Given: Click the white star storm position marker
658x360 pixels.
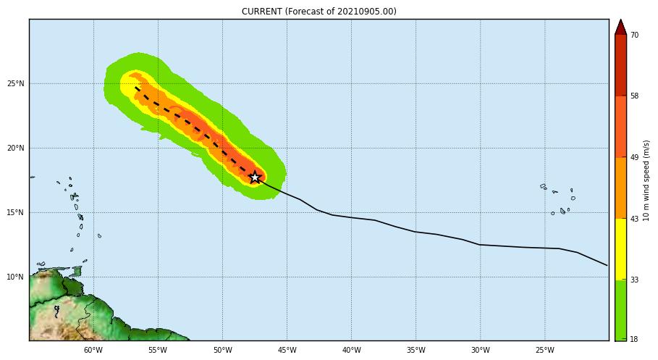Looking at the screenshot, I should coord(255,177).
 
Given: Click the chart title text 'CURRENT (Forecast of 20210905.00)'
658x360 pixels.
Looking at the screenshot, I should coord(319,12).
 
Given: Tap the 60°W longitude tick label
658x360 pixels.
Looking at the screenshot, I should coord(93,351).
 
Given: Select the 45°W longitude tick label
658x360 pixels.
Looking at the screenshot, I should coord(287,351).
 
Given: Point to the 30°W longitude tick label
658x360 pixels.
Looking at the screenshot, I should coord(480,351).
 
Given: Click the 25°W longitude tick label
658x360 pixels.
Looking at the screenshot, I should coord(544,351).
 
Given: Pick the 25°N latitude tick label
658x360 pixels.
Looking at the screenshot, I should coord(16,84).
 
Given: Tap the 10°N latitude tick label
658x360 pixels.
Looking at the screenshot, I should coord(16,277).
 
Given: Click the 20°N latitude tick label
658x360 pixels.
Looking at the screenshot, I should coord(16,148).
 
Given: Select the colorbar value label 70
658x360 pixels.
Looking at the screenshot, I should coord(634,35).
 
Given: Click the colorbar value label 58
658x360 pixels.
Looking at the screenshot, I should coord(634,96).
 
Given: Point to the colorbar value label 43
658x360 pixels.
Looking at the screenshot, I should coord(634,219).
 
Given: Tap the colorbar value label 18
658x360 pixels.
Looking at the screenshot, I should coord(634,339).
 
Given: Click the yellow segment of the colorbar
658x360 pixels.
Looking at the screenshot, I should coord(620,248).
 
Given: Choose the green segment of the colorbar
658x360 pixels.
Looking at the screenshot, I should coord(620,309).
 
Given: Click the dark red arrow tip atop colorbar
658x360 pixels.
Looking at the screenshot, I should coord(620,26).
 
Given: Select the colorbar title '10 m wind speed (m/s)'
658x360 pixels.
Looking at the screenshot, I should coord(646,180).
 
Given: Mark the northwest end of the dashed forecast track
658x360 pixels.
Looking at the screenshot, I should coord(135,88).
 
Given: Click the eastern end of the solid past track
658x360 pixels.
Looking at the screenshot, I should coord(607,265).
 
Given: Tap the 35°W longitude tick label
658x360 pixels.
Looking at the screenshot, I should coord(416,351).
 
